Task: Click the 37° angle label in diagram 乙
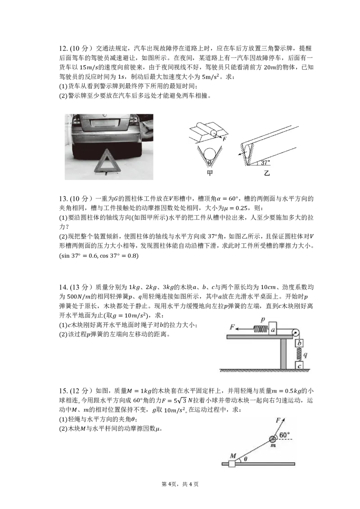(x=265, y=162)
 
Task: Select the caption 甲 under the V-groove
(x=210, y=174)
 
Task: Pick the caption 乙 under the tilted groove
(x=267, y=174)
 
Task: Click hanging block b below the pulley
(x=299, y=343)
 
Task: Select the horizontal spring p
(x=261, y=330)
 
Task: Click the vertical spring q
(x=299, y=354)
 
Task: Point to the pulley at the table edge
(x=296, y=333)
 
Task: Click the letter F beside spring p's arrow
(x=232, y=327)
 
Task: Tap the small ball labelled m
(x=272, y=440)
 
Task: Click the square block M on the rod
(x=232, y=464)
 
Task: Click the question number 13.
(x=63, y=199)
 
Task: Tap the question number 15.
(x=63, y=391)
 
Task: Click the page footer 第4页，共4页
(x=180, y=484)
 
